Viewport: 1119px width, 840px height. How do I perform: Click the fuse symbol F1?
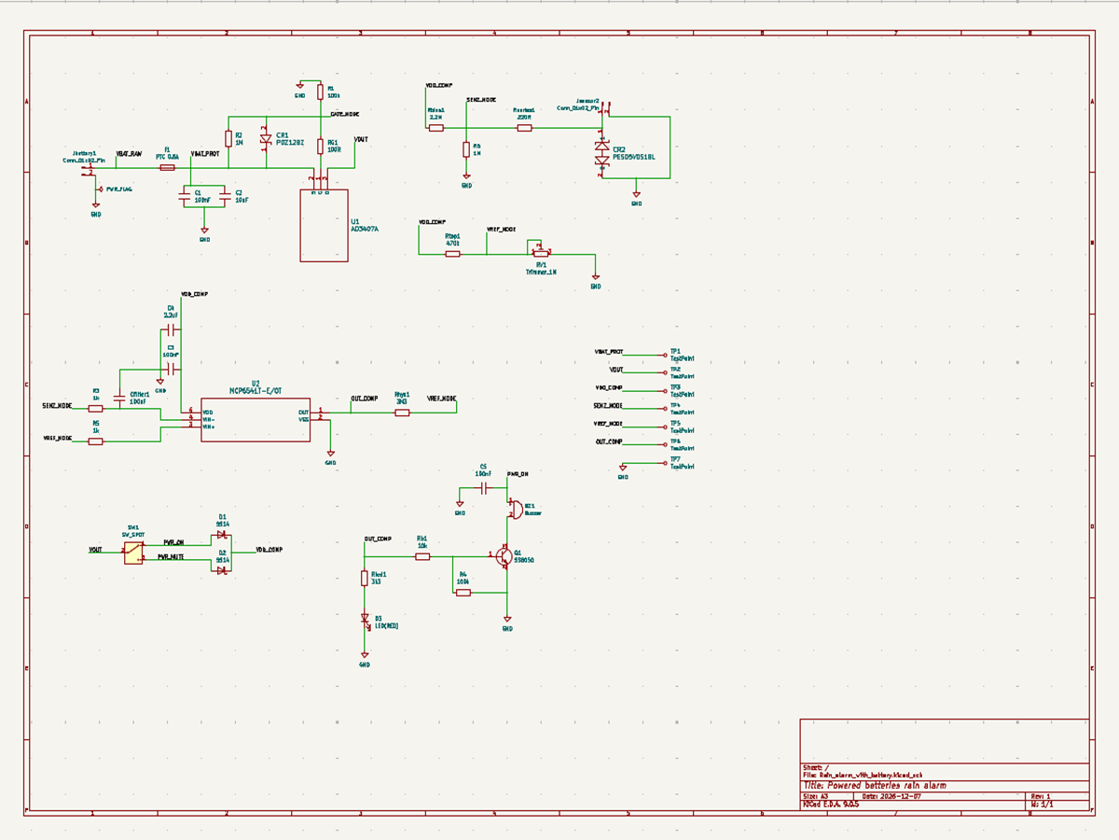click(168, 168)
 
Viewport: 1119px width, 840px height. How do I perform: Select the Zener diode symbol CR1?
click(266, 140)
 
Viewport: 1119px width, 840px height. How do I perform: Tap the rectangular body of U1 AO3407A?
click(324, 225)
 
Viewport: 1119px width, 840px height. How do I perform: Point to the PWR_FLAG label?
click(119, 189)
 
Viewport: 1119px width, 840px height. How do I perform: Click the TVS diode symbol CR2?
click(601, 154)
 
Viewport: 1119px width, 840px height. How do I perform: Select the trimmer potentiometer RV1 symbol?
click(540, 251)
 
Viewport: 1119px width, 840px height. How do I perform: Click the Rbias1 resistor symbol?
click(435, 128)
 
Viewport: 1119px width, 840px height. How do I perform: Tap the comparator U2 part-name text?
click(255, 390)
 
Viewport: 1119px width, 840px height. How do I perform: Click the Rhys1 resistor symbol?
click(402, 412)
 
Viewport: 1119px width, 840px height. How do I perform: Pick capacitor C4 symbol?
click(173, 330)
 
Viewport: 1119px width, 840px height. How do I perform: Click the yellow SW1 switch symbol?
click(133, 553)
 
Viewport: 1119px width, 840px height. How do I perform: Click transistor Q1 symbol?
click(504, 556)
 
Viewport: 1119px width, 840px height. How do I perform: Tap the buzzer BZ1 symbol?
click(515, 510)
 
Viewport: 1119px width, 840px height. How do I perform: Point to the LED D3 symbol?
click(365, 619)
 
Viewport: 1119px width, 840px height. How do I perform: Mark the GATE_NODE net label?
click(345, 114)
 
